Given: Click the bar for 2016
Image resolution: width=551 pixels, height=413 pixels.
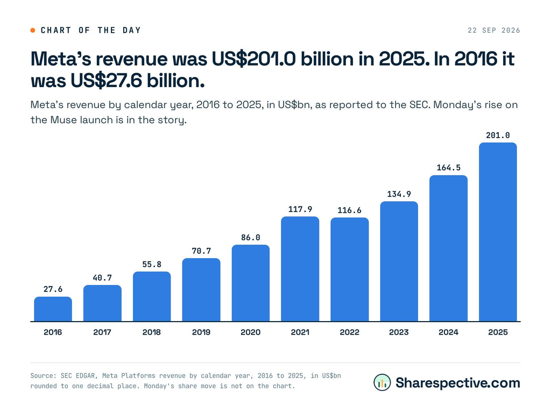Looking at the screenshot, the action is pos(53,309).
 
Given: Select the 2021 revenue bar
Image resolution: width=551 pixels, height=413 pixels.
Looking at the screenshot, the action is pos(300,269).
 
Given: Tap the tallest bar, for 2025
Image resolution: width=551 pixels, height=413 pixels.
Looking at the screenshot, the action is pos(498,232).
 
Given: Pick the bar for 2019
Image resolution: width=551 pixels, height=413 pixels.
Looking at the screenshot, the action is pos(201,290).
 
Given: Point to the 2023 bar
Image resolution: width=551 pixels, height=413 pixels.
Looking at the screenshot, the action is pos(399,261).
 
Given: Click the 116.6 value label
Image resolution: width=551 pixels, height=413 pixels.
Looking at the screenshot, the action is pos(349,210).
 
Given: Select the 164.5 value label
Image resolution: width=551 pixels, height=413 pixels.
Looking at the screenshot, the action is pos(448,168).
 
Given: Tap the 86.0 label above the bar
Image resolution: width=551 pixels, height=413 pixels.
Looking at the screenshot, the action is pos(251,238).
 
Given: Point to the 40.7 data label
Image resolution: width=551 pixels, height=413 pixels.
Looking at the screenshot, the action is pos(102,278).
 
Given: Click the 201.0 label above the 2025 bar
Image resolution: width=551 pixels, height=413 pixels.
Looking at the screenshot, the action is pos(498,135).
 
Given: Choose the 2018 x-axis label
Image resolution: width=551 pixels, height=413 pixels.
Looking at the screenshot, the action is pos(152,332).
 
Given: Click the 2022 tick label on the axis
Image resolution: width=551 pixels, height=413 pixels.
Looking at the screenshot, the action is pos(349,332).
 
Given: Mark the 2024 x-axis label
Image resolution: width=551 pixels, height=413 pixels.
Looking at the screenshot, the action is pos(448,332).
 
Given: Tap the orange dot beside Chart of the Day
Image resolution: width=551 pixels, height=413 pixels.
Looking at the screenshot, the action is pos(33,31).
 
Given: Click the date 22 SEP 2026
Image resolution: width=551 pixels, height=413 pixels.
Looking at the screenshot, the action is pos(494,31).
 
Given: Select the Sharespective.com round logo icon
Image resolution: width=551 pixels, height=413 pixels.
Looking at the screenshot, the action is pos(383,382).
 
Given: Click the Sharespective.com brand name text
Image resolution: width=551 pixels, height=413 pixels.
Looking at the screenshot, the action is pos(458,383).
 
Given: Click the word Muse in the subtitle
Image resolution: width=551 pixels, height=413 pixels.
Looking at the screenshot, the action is pos(63,120).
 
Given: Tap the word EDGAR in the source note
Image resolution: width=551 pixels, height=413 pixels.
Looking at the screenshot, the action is pos(85,376).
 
